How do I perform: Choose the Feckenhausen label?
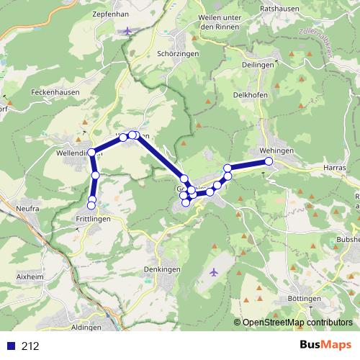click(55, 94)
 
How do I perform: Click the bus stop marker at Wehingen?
click(269, 161)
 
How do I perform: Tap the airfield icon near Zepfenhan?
click(128, 30)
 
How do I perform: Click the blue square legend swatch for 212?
click(10, 346)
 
